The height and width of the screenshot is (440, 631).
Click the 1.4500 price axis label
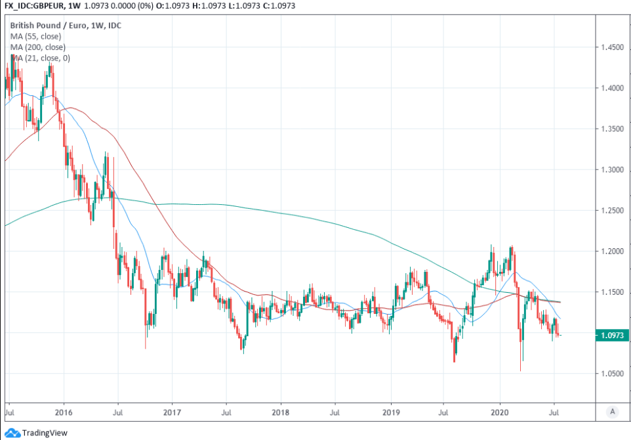coord(612,48)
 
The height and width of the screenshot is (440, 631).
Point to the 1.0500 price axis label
coord(612,374)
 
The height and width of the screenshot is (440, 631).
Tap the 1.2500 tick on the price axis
coord(612,211)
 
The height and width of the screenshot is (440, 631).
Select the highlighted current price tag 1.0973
coord(613,336)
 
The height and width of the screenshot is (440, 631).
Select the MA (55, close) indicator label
coord(35,36)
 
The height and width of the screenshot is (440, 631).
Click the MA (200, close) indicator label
coord(37,47)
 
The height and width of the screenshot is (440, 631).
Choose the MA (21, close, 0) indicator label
coord(40,58)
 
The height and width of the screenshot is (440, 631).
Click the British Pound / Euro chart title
coord(70,25)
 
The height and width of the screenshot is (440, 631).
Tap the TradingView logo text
coord(45,433)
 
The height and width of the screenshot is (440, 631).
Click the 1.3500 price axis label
coord(612,129)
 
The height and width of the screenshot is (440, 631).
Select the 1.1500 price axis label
coord(612,292)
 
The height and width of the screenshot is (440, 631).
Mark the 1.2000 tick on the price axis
coord(612,252)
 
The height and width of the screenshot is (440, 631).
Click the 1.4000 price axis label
coord(612,89)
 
